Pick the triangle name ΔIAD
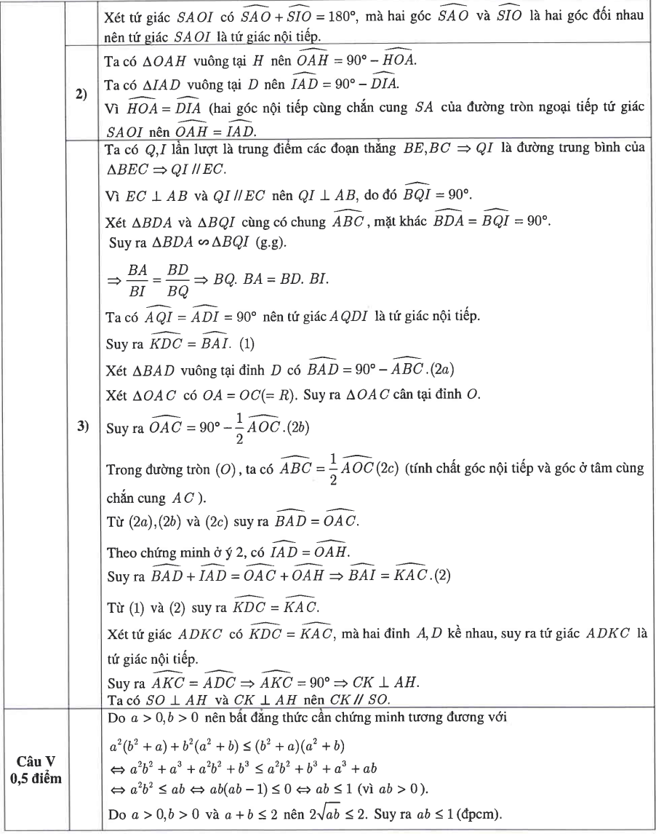coord(152,84)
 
